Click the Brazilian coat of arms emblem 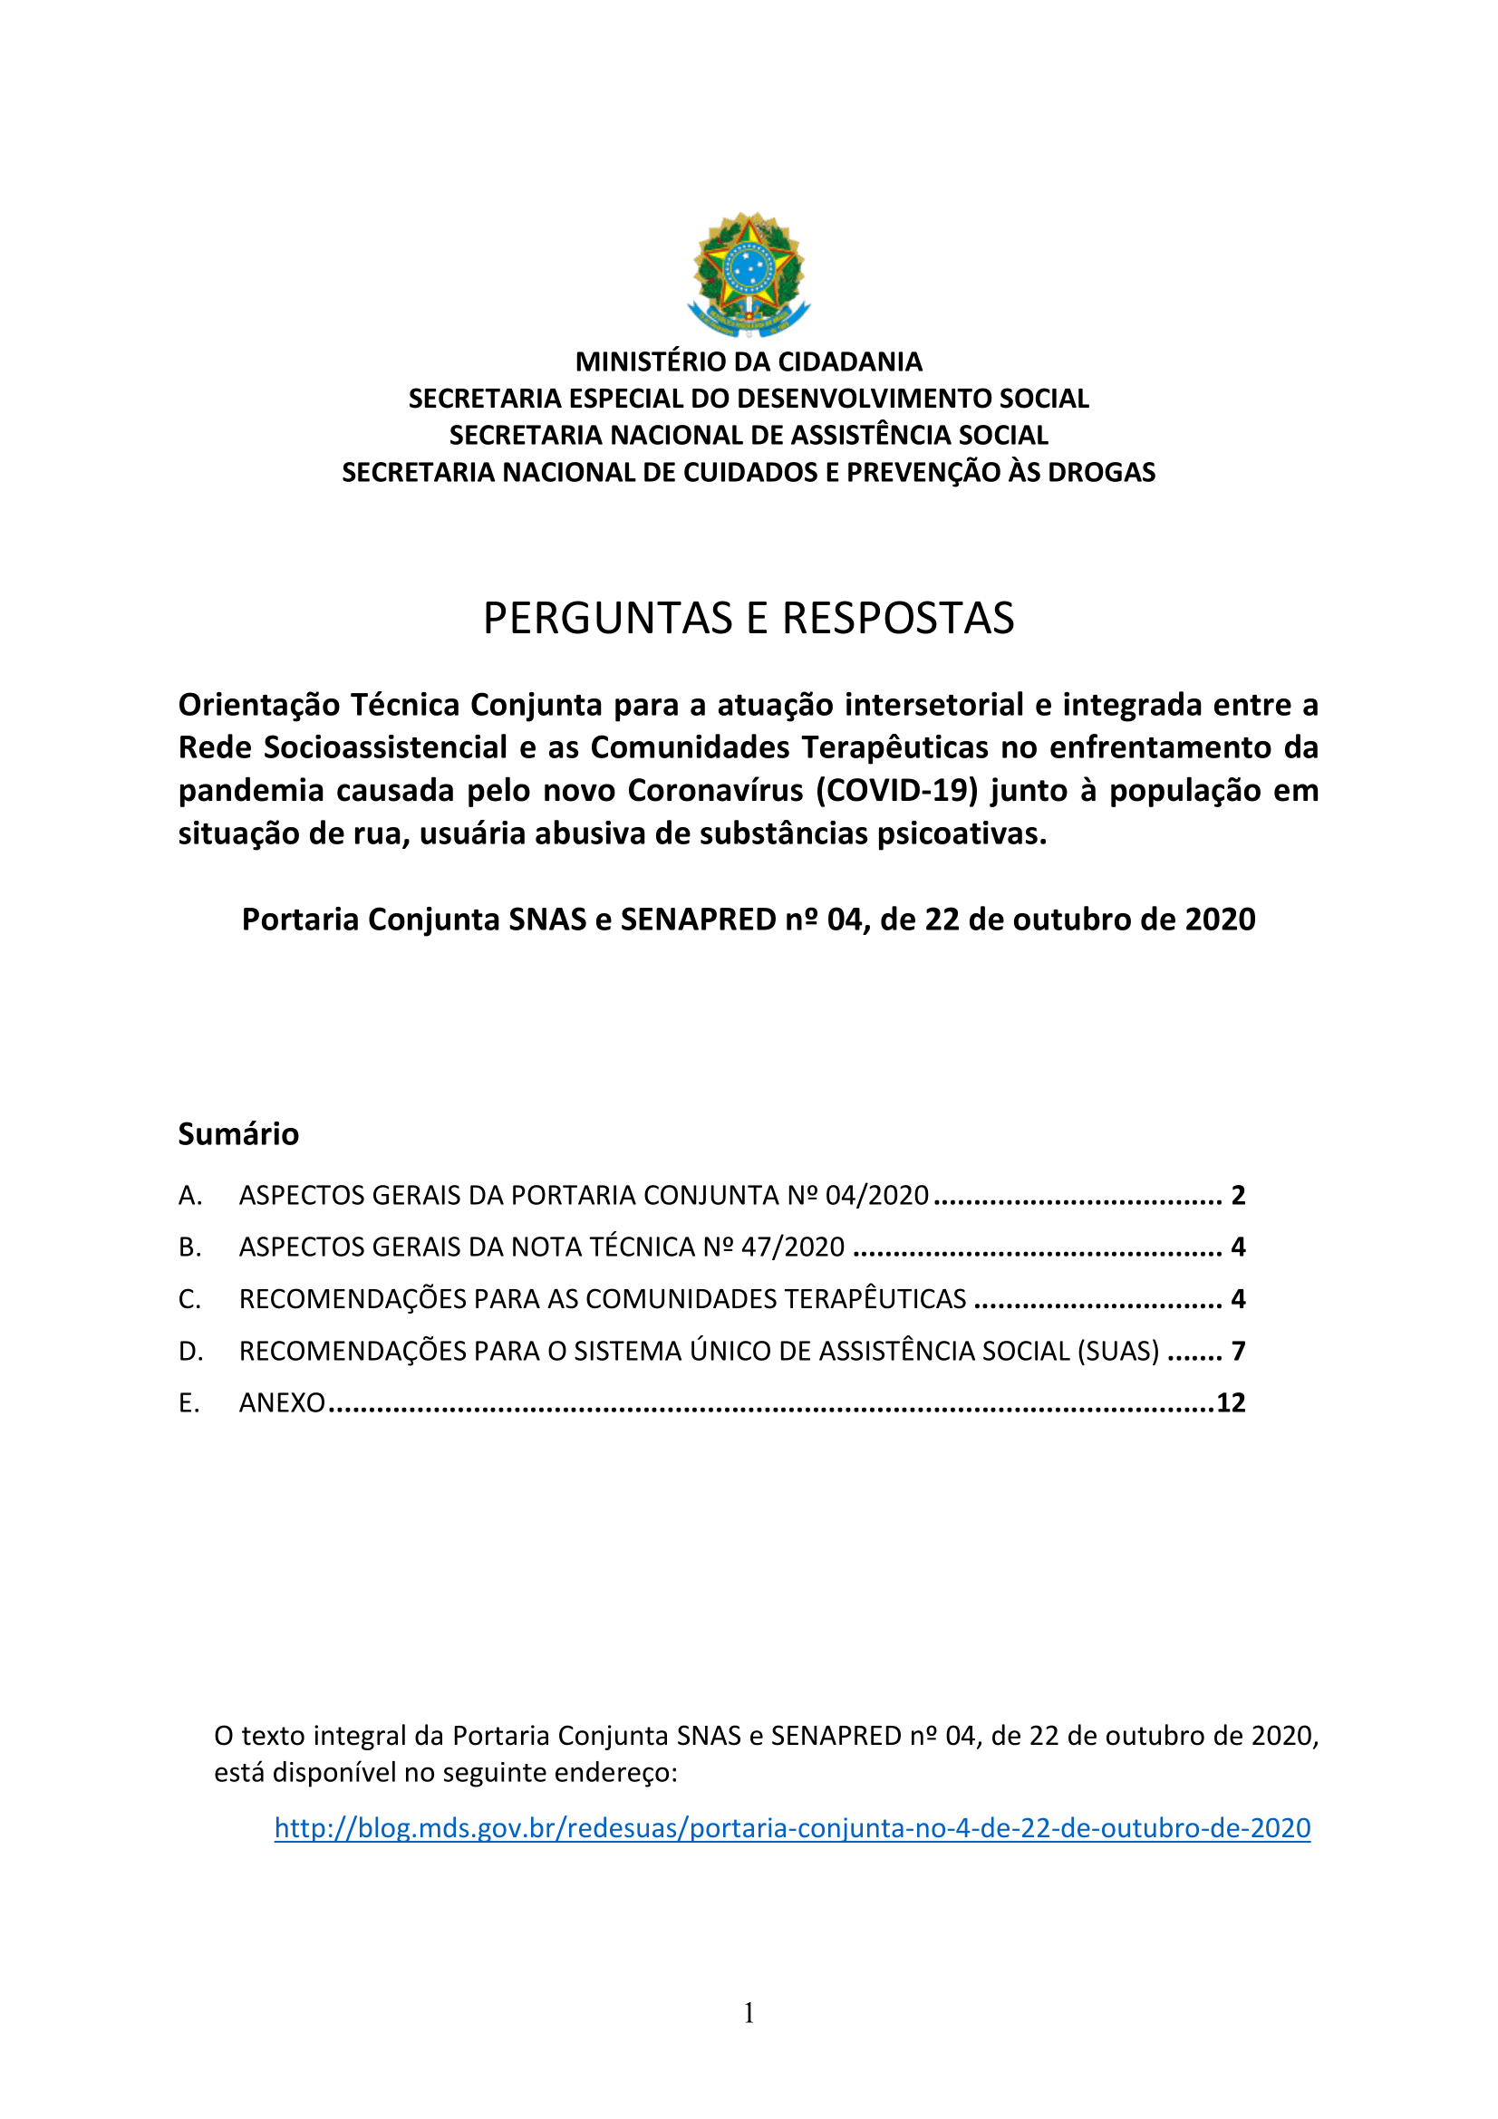click(x=749, y=275)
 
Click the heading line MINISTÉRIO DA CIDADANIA click(x=749, y=361)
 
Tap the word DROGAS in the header click(x=1101, y=473)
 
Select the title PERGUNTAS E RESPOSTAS click(x=749, y=619)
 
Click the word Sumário click(x=238, y=1133)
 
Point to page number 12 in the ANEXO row click(x=1231, y=1402)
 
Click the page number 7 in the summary click(x=1238, y=1351)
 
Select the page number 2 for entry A click(x=1238, y=1196)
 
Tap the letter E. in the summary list click(x=189, y=1403)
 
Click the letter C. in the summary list click(x=189, y=1299)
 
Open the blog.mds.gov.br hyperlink click(x=792, y=1828)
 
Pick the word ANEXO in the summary click(x=282, y=1403)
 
